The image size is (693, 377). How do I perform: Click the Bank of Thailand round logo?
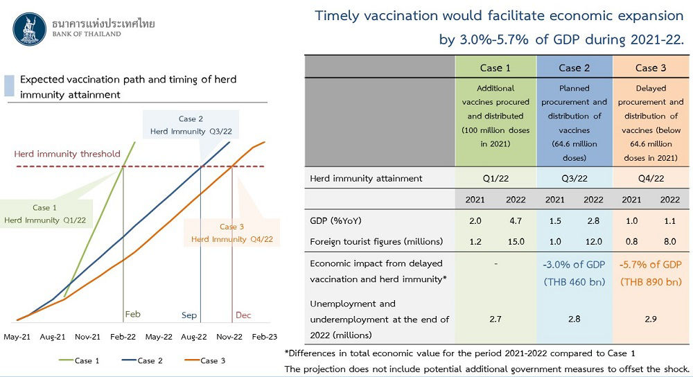click(30, 29)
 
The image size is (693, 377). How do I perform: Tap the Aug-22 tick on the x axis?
click(194, 337)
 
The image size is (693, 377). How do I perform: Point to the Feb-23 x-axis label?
click(264, 337)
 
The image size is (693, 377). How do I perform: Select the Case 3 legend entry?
click(205, 360)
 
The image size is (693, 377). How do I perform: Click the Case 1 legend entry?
click(79, 360)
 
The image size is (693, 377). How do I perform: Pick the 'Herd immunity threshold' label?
click(67, 154)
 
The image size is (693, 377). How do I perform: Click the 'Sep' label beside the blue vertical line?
click(188, 315)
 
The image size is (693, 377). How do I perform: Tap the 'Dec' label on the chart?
click(243, 315)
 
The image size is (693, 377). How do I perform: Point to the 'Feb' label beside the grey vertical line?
click(132, 314)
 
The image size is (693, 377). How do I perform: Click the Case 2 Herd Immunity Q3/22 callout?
click(191, 125)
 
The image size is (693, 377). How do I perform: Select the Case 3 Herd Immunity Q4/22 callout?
click(232, 233)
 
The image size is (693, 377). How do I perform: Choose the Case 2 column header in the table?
click(574, 68)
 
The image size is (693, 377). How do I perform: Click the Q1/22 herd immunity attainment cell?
click(495, 179)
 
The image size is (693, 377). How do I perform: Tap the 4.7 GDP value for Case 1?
click(516, 221)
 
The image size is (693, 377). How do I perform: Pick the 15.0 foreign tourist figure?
click(516, 242)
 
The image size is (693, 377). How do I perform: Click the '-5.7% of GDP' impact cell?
click(651, 265)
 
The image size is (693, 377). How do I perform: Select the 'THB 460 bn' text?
click(574, 282)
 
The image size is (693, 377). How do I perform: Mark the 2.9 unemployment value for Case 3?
click(651, 319)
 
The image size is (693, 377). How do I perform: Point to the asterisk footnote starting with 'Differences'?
click(459, 353)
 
